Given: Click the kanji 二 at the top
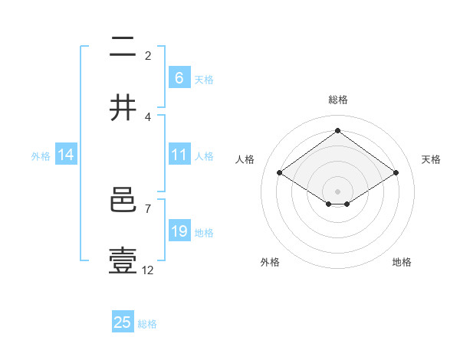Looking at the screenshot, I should (x=123, y=47).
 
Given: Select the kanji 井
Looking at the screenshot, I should (x=123, y=107).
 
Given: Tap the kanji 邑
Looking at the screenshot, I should (x=123, y=201).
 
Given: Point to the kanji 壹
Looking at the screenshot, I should (x=123, y=261).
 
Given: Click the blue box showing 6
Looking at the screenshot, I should (x=179, y=77).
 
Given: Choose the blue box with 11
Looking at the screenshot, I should (x=179, y=155).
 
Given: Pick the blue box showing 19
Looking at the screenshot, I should (x=179, y=231).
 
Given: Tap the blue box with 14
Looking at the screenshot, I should (x=66, y=155).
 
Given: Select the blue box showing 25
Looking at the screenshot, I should (x=123, y=322).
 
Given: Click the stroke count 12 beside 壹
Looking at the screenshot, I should (x=148, y=270).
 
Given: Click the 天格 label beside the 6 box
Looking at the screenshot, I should (x=204, y=79).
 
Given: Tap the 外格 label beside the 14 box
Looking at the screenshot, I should (x=41, y=155).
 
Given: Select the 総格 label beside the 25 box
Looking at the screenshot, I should (x=147, y=324).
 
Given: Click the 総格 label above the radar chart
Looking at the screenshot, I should (x=337, y=100).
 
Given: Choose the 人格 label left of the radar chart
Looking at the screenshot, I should (x=245, y=159).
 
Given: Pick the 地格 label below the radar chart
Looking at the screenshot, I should (x=402, y=262).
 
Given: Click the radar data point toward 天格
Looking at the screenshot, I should (x=396, y=173).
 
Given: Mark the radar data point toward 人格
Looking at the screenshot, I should (x=279, y=173).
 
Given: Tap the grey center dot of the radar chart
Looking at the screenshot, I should (x=337, y=190).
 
